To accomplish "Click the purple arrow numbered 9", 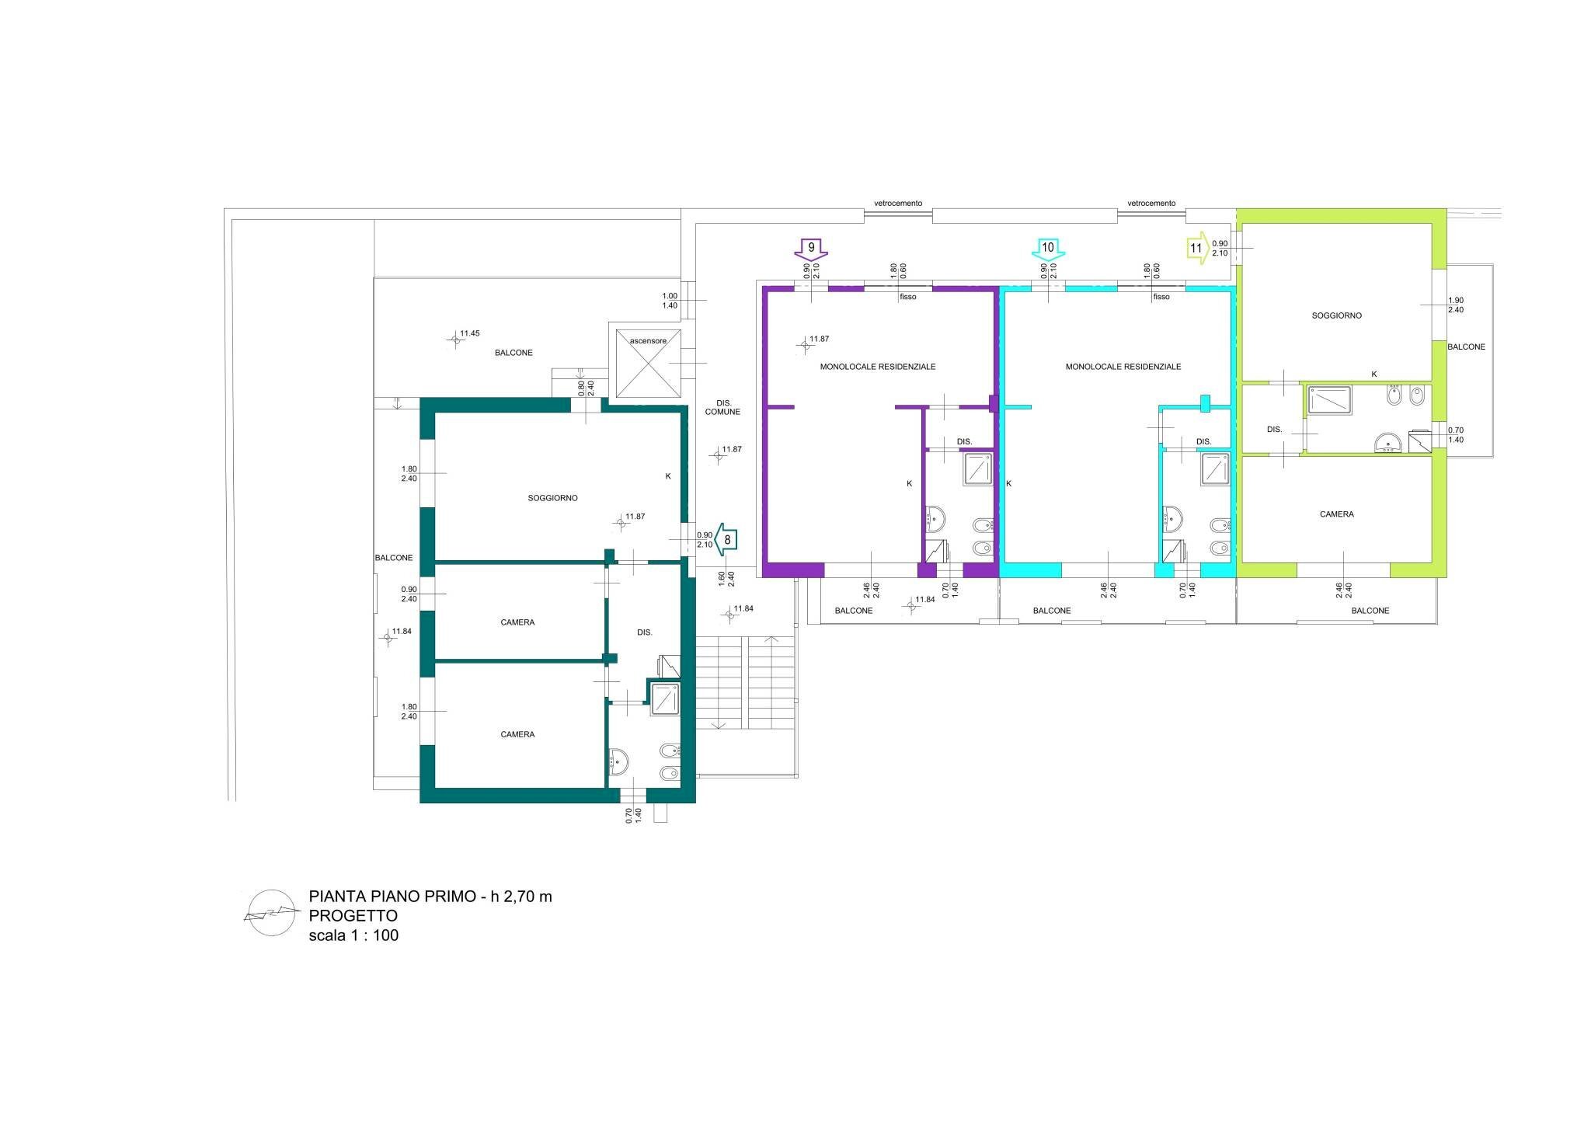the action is click(x=812, y=249).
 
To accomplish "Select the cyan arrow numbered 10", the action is click(x=1048, y=249).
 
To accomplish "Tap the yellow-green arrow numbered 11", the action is click(x=1197, y=249).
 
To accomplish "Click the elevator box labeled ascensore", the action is click(x=647, y=363).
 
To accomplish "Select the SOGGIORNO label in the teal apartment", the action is click(x=552, y=498).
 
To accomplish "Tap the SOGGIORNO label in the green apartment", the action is click(x=1336, y=315).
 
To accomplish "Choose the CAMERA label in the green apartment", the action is click(x=1336, y=514).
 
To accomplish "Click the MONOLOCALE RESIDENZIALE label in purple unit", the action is click(x=878, y=366).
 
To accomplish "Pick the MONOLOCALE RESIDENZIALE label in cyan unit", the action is click(x=1123, y=366).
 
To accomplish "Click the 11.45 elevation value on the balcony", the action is click(x=469, y=333).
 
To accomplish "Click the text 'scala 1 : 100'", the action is click(x=353, y=935).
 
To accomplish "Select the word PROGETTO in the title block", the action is click(x=353, y=915).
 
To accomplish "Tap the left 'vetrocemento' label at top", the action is click(x=898, y=203).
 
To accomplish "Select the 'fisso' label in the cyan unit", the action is click(x=1161, y=297).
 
